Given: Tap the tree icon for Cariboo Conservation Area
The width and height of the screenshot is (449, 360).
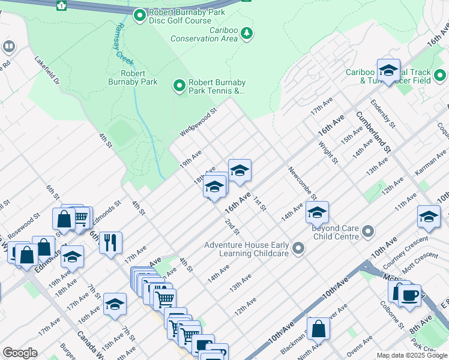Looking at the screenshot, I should click(x=247, y=34).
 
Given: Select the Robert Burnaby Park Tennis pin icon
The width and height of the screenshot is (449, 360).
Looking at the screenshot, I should click(x=179, y=86).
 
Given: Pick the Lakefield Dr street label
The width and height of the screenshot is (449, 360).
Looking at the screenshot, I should click(x=47, y=70).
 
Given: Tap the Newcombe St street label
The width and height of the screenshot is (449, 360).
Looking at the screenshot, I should click(x=302, y=183).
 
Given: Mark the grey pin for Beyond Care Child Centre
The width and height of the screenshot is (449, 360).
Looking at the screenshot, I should click(x=369, y=231).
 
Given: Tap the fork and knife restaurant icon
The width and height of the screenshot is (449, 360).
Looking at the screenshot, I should click(x=110, y=243).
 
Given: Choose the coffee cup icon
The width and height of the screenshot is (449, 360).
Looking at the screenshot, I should click(x=410, y=295).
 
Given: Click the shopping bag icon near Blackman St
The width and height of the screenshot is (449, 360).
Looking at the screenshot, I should click(x=320, y=329).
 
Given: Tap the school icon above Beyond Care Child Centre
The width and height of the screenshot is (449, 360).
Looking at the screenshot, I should click(x=317, y=212).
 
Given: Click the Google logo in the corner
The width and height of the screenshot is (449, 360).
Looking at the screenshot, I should click(x=20, y=353).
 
